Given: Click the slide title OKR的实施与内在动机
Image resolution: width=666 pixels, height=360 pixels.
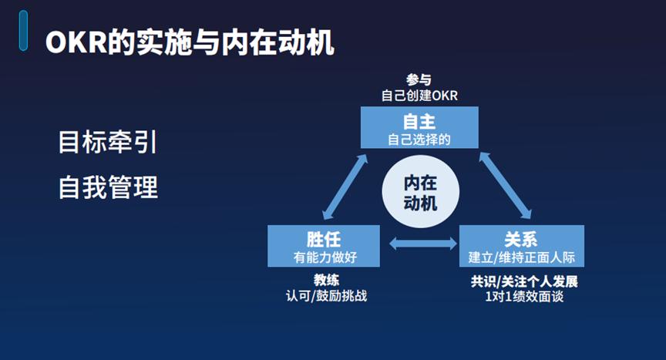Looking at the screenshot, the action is coord(190,42).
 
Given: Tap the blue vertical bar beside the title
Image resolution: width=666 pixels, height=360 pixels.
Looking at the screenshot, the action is coord(23,31).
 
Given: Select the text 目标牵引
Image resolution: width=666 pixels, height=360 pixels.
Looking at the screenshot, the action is coord(108,142).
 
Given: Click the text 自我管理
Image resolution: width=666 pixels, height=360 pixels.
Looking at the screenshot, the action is coord(108,187).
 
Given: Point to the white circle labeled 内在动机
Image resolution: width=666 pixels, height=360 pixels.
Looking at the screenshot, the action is coord(421,192).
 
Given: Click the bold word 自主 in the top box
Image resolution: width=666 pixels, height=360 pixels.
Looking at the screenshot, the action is coord(419,122).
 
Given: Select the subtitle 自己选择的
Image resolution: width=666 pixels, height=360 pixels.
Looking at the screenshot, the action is coord(419,140).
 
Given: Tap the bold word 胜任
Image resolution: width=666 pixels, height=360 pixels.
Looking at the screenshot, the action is coord(324,240).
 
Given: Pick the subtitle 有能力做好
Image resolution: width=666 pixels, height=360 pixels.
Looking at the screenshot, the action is coord(325,257).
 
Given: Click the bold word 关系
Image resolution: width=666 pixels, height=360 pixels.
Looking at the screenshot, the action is coord(521,240).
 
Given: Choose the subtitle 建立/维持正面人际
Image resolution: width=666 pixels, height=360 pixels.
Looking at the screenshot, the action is coord(522,257).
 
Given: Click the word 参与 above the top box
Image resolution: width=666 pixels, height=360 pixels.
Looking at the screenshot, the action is coord(419,79).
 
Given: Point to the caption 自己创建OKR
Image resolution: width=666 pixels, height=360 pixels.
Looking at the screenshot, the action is coord(419,95).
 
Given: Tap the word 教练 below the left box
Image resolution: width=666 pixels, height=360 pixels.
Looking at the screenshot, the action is coord(326,280).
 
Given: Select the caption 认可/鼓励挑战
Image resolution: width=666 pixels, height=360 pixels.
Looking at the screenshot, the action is coord(326,295).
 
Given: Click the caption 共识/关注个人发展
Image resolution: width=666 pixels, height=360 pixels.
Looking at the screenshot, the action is coord(524,281).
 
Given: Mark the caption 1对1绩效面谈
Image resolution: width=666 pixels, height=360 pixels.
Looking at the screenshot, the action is coord(524,296).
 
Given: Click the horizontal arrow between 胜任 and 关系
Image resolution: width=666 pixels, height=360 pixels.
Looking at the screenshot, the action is coord(423,244).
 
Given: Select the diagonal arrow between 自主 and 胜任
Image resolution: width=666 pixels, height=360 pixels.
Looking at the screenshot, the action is coord(345,187).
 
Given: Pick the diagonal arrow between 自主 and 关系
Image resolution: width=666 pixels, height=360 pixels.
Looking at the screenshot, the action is coord(506,185).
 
